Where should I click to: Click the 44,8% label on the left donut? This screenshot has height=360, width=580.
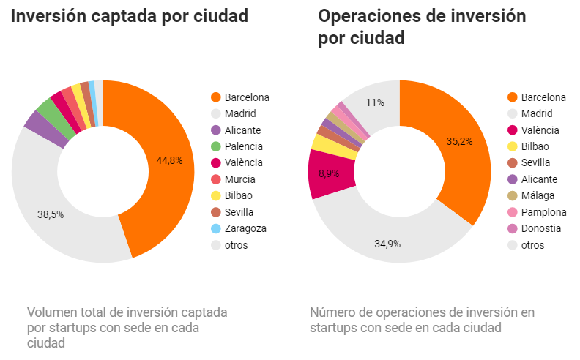(x=169, y=160)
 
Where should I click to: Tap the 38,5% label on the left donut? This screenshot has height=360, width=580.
(x=50, y=215)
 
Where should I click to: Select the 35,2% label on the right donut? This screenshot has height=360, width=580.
(x=460, y=141)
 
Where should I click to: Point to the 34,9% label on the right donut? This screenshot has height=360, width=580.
(x=388, y=244)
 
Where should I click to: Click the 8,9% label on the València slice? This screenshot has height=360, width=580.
(x=329, y=173)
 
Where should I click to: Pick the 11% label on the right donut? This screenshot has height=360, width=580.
(x=376, y=103)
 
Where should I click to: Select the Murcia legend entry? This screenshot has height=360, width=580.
(x=241, y=179)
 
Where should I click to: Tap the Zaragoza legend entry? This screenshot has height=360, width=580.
(x=245, y=228)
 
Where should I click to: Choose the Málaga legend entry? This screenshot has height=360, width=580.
(x=538, y=195)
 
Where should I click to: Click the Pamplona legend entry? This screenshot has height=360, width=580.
(x=543, y=212)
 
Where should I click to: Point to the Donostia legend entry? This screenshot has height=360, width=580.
(x=541, y=228)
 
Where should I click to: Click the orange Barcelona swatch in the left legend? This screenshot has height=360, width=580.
(x=215, y=97)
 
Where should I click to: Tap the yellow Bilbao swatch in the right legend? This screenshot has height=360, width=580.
(x=512, y=146)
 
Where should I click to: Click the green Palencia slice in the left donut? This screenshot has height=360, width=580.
(x=48, y=108)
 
